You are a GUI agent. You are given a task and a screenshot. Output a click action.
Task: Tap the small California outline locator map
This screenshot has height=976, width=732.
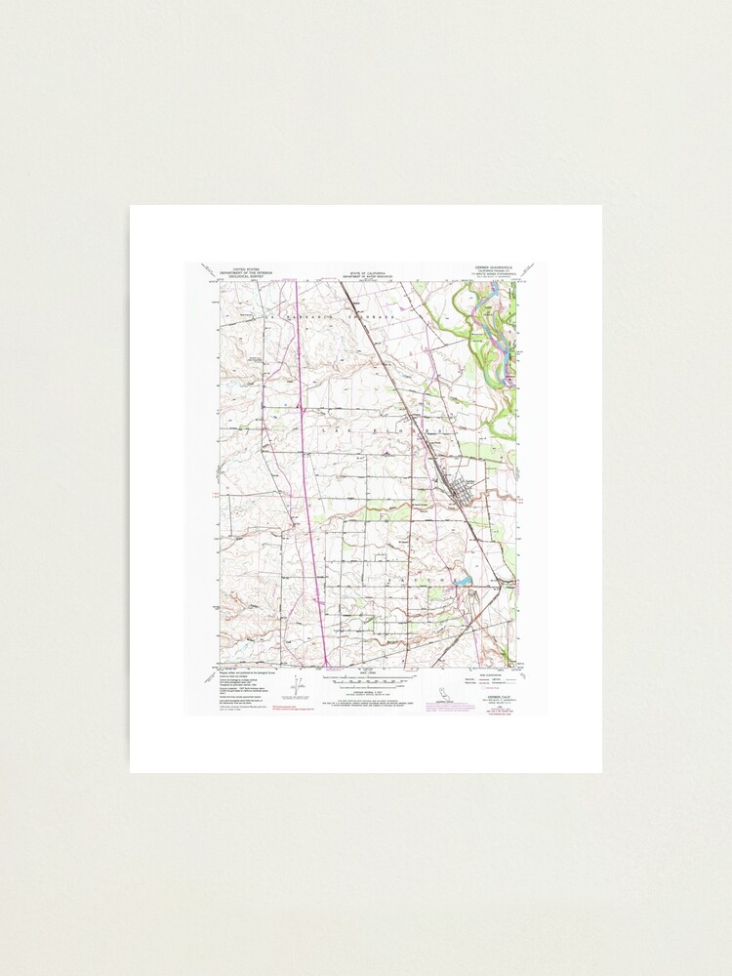click(443, 692)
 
